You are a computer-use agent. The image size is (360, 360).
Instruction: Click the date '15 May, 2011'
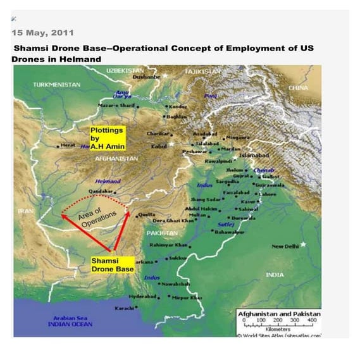42,32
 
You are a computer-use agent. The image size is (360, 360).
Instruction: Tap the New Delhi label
285,246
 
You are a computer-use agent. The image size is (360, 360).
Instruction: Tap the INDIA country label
275,275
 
